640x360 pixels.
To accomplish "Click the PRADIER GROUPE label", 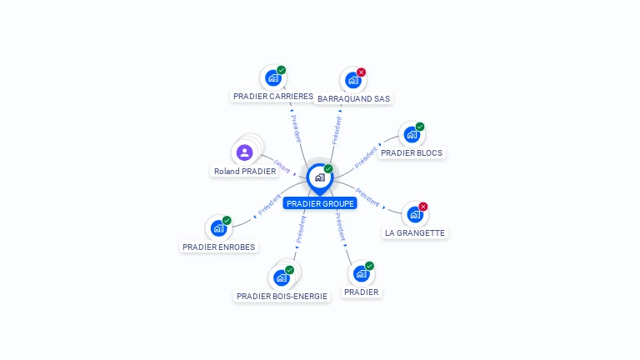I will point(319,203).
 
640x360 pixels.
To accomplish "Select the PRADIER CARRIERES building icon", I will point(272,78).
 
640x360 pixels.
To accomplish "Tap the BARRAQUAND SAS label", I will point(353,98).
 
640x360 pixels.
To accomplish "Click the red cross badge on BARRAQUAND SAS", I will point(361,72).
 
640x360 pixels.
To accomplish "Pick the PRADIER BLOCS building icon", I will point(411,134).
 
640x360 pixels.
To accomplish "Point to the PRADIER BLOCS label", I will point(412,152).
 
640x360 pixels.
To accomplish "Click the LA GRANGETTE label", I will point(415,233).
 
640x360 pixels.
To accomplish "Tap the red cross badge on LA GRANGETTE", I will point(423,207).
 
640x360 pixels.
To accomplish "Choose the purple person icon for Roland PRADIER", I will point(244,152).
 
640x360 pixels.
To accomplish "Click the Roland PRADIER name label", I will point(245,172).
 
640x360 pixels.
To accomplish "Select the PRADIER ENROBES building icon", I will point(218,227).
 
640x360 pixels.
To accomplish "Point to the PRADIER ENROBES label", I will point(219,247).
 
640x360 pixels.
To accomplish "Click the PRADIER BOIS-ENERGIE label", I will point(282,296).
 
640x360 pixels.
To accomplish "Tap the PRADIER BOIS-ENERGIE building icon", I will point(282,277).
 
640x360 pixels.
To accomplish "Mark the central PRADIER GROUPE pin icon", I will point(319,177).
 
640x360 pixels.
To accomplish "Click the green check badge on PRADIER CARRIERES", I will point(282,70).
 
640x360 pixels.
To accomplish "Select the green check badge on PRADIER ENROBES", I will point(227,221).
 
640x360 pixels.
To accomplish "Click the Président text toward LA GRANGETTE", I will point(367,196).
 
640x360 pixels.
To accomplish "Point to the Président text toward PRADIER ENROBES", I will point(269,205).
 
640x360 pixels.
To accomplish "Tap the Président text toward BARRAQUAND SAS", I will point(337,130).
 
